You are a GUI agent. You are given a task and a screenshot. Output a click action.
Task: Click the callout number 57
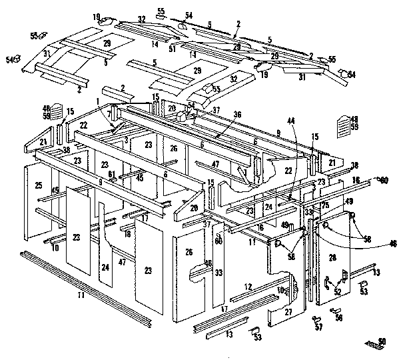click(318, 328)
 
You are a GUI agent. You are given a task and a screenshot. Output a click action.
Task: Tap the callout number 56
click(339, 319)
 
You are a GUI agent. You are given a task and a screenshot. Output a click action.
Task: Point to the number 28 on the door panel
click(332, 258)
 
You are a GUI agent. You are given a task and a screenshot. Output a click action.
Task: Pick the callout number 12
click(248, 287)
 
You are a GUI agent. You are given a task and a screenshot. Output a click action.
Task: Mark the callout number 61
click(113, 175)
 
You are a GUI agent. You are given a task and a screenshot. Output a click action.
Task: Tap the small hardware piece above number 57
click(315, 319)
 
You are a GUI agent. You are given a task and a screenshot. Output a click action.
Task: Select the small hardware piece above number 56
click(335, 310)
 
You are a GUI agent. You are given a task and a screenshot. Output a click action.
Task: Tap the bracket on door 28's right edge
click(344, 274)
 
